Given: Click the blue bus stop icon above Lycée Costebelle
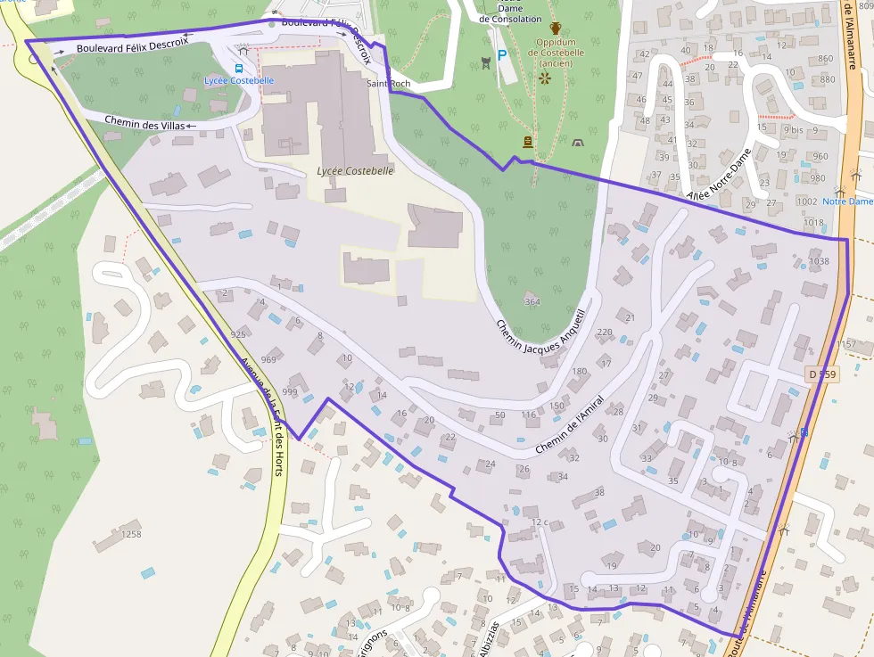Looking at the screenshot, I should point(239,68).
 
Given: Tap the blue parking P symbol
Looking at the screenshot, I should point(502,55).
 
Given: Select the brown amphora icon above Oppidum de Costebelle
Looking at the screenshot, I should point(557,28).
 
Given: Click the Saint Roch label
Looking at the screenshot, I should point(388,84).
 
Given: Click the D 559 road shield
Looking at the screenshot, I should point(821,374).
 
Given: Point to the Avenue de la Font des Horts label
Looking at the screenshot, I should point(264,416).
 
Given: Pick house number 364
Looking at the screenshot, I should point(532,301).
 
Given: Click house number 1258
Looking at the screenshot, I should point(131,534).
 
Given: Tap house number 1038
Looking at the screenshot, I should point(818,261).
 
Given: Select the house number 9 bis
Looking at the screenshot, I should point(793,130).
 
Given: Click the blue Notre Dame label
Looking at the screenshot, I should point(847,201).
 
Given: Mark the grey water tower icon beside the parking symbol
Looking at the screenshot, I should point(484,61).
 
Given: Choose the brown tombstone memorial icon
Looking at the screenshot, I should point(528,141).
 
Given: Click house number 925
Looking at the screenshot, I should point(238,334).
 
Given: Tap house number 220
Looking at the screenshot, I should point(604,332).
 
